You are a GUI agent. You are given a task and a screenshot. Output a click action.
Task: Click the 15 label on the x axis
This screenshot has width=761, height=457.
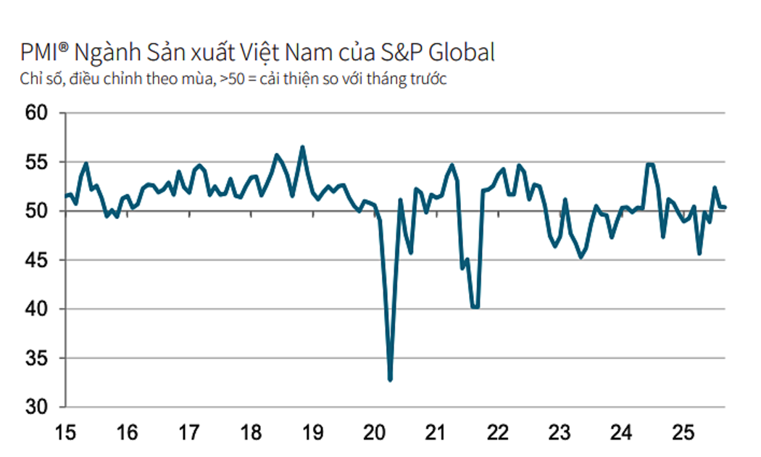65,433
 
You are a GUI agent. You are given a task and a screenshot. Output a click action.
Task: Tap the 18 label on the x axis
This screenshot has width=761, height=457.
251,433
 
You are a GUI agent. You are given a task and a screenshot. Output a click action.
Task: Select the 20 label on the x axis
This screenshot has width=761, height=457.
374,433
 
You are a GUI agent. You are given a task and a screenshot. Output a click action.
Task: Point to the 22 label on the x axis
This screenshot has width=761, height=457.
497,433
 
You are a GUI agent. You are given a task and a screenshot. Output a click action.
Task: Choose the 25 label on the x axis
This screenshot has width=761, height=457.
682,433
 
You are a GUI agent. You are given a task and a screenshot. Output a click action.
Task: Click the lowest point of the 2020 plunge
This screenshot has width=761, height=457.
390,379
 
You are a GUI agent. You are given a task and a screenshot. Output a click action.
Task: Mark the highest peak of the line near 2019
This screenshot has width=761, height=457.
302,147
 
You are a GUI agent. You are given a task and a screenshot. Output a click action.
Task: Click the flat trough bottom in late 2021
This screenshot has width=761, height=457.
475,307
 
